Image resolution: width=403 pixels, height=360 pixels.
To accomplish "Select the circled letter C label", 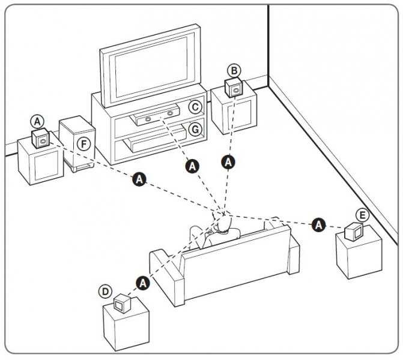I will point(194,107).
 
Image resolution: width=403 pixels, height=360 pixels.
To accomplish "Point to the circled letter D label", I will point(106,291).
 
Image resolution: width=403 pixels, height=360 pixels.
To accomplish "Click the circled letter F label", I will point(83,144).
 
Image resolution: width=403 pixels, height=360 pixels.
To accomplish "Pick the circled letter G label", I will point(194,129).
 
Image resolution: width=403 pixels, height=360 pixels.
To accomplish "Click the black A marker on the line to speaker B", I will point(228,161).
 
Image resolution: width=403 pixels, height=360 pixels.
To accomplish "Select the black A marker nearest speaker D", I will point(142,283).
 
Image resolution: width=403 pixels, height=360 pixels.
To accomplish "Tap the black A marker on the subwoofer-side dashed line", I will point(139,179).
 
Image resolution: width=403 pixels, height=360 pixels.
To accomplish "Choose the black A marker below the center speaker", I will point(192,165).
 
